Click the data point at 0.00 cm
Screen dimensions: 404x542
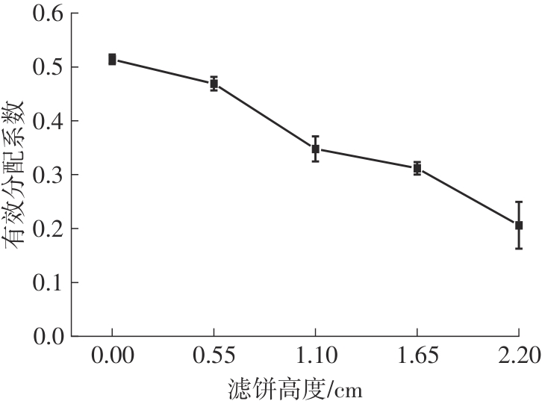112,59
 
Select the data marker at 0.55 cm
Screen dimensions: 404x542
214,84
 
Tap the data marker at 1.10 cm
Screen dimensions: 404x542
316,149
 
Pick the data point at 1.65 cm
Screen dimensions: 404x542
417,168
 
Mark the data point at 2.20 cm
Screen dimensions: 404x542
519,225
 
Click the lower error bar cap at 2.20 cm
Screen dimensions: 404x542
519,248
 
